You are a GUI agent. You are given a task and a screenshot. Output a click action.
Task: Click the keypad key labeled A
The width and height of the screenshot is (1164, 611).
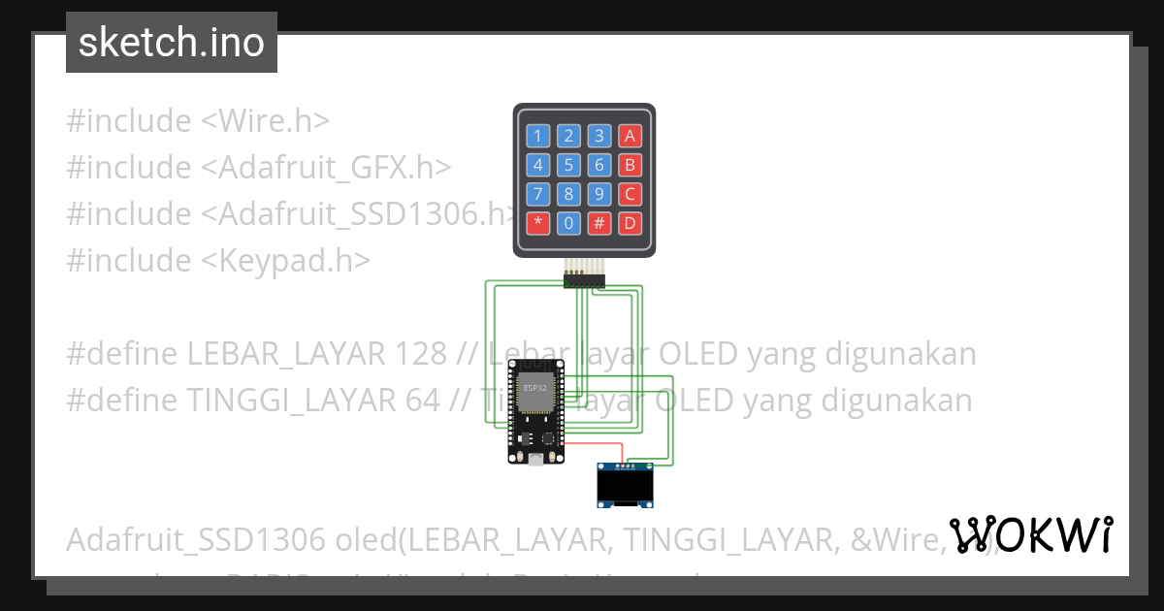click(x=630, y=137)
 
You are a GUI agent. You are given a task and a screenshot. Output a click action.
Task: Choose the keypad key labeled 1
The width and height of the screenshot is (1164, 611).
click(x=538, y=137)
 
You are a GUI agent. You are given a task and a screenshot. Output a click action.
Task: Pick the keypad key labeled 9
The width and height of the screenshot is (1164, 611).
click(x=600, y=194)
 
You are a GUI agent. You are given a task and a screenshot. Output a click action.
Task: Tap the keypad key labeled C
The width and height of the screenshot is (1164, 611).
click(x=630, y=194)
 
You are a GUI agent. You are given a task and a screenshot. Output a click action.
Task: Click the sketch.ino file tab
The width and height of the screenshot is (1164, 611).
click(x=172, y=43)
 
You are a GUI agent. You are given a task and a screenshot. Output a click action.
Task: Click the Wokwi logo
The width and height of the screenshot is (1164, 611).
click(x=1030, y=534)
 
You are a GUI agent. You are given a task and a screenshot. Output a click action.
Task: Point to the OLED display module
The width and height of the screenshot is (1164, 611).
click(x=624, y=485)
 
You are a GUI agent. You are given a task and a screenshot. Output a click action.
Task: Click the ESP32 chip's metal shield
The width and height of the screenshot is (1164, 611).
click(x=534, y=392)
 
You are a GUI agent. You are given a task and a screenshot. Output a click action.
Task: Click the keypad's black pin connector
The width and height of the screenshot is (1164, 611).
click(x=584, y=281)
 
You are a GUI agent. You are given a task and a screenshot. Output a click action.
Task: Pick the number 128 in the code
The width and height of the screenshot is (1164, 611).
click(x=422, y=354)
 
